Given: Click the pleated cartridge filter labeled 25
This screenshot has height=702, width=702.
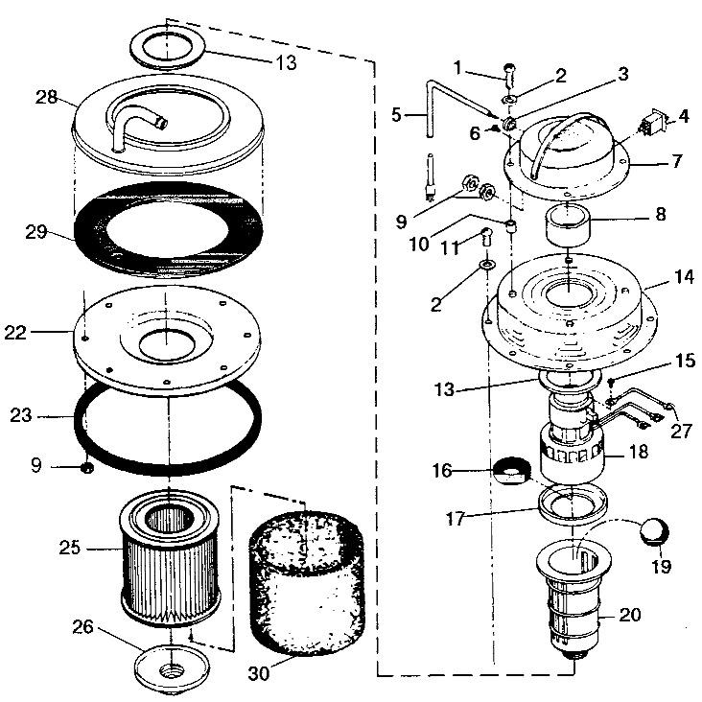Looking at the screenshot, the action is (170, 557).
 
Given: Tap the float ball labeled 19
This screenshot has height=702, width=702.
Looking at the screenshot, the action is (654, 531).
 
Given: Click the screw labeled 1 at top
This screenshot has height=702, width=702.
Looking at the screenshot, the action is (510, 76).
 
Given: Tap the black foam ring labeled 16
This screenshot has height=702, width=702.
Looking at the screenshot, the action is (512, 471).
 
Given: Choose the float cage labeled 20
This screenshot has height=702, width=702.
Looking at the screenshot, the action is (573, 600).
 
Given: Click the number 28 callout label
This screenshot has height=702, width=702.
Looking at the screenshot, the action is (47, 97).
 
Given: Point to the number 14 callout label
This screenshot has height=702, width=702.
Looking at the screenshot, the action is (684, 277).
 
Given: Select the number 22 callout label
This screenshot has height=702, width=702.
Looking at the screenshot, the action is (15, 333).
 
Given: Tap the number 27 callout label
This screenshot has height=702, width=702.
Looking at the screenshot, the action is (681, 432).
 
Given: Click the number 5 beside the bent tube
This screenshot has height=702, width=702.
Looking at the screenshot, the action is (396, 115).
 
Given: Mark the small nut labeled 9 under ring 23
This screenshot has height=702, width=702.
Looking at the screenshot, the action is (87, 469).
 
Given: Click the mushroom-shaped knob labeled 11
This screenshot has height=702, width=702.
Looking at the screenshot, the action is (486, 236).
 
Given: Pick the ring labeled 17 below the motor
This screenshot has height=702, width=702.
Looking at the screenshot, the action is (573, 504).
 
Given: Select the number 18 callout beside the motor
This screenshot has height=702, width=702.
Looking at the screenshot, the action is (638, 452).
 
